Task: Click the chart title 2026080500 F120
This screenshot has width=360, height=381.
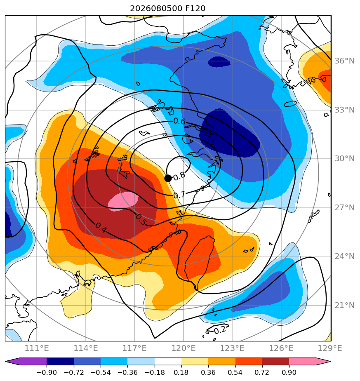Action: tap(168, 9)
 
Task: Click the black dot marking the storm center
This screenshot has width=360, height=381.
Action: tap(168, 179)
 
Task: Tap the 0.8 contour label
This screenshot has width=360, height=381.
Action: tap(179, 176)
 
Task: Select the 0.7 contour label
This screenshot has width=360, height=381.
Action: tap(179, 195)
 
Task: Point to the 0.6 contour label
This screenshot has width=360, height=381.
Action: tap(179, 121)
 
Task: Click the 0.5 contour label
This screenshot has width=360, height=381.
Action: tap(141, 220)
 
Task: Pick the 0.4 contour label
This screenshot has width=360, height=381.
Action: tap(101, 228)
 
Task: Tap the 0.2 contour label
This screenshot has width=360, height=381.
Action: tap(220, 330)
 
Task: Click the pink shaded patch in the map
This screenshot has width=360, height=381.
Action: tap(123, 202)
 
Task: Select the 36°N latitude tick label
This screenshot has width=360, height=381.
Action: tap(344, 61)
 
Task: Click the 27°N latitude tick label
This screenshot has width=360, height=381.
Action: tap(344, 208)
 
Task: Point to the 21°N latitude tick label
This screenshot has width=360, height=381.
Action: tap(344, 306)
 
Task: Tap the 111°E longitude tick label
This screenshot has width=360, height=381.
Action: tap(37, 348)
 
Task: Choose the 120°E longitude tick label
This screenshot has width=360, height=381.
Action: tap(184, 348)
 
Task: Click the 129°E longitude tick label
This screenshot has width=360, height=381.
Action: tap(330, 348)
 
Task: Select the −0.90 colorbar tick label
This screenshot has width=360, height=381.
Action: tap(47, 372)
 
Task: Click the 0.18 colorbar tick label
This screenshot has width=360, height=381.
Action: tap(181, 372)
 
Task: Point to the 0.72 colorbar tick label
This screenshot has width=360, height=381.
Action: tap(262, 372)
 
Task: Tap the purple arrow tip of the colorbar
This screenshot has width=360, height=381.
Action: tap(6, 362)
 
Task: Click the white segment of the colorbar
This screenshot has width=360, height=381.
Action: tap(168, 362)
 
